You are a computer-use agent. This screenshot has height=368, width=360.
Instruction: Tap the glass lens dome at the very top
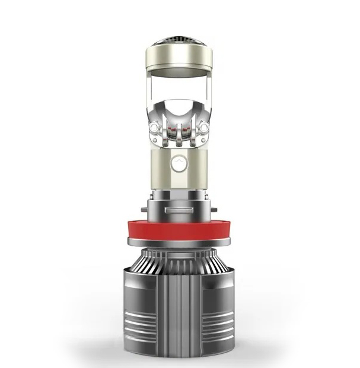(180, 43)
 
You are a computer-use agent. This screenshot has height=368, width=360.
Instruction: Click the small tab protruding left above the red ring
(146, 210)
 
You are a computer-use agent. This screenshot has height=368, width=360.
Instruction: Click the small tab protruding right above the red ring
(214, 210)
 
